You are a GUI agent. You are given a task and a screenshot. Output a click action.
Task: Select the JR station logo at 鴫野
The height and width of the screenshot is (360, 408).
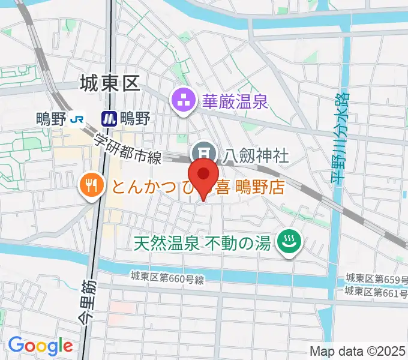[x=76, y=119]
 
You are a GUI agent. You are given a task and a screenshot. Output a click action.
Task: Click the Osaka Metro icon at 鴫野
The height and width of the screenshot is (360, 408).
[x=109, y=119]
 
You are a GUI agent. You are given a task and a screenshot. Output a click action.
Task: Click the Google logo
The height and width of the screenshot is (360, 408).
[x=40, y=346]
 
